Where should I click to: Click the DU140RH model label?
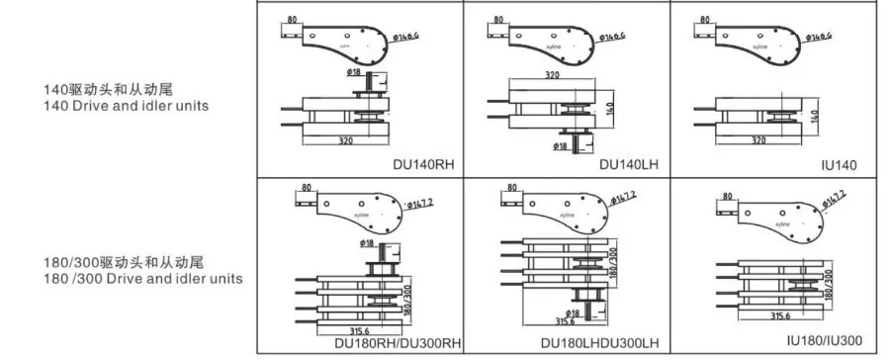[x=419, y=165]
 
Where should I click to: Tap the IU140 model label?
[x=839, y=164]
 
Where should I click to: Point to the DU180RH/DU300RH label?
[x=399, y=343]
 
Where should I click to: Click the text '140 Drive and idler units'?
[x=126, y=106]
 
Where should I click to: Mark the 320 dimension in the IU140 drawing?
[x=758, y=140]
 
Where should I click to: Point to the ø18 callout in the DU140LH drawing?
[x=560, y=146]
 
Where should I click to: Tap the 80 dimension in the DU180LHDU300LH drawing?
[x=509, y=187]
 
